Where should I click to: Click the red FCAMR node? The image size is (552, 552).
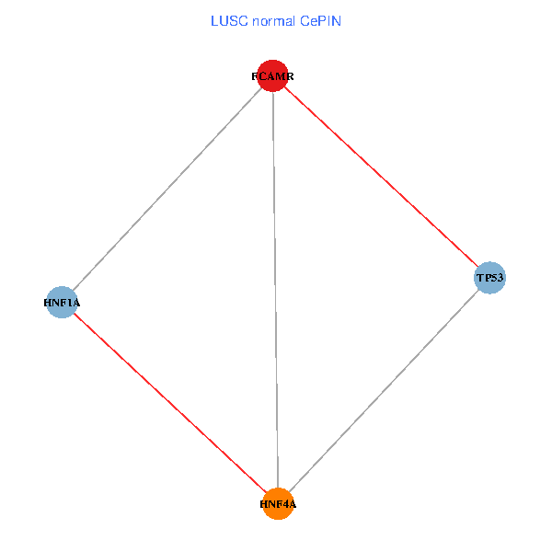point(273,76)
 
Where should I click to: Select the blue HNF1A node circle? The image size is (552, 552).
point(62,302)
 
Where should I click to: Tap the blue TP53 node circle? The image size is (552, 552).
point(490,277)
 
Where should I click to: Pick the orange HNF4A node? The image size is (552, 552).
point(278,503)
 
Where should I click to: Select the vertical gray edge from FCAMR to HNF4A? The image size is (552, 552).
point(275,294)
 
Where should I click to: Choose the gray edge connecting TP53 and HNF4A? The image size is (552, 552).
point(386,387)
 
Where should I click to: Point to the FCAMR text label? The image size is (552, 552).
point(273,76)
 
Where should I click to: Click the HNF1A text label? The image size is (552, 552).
point(62,302)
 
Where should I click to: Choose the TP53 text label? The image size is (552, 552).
point(490,277)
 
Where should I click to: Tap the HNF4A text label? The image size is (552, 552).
point(278,504)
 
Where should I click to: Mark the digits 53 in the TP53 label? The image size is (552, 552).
point(498,277)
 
